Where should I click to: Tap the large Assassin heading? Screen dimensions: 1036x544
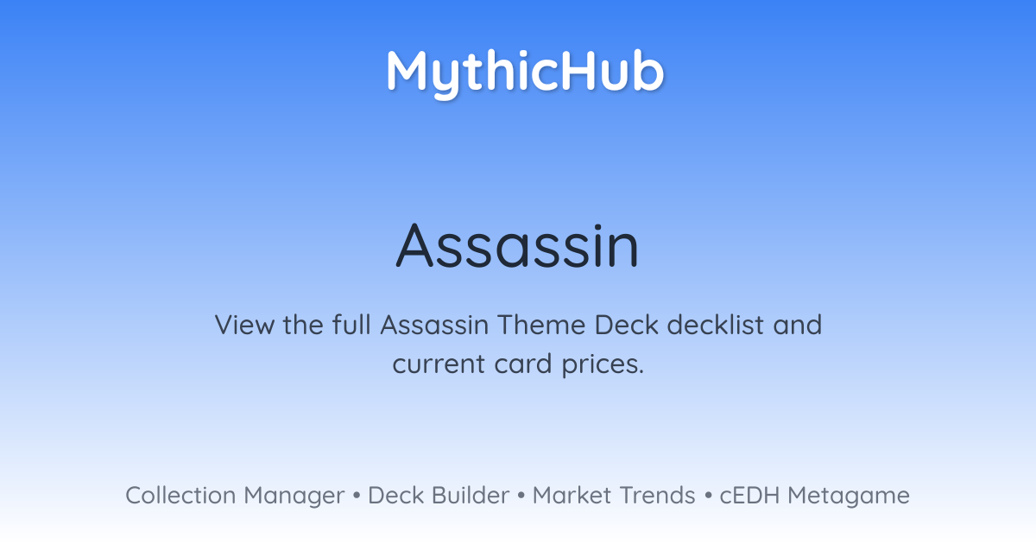517,245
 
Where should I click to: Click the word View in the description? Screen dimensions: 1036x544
244,325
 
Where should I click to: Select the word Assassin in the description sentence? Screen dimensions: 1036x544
435,325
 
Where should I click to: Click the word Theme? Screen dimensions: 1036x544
541,325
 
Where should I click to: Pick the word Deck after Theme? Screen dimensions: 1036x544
626,325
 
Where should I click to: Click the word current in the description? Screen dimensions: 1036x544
439,364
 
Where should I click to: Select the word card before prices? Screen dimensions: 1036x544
523,364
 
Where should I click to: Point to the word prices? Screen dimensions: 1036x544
603,365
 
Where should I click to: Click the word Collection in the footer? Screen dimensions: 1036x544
180,496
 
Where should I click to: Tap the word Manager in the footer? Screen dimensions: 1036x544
294,497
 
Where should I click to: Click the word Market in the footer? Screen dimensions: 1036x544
572,496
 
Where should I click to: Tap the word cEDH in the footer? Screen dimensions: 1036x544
749,496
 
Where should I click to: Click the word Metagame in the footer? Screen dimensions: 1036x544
849,497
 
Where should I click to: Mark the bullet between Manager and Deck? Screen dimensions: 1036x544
356,496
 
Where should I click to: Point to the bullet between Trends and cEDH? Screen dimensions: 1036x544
708,496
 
